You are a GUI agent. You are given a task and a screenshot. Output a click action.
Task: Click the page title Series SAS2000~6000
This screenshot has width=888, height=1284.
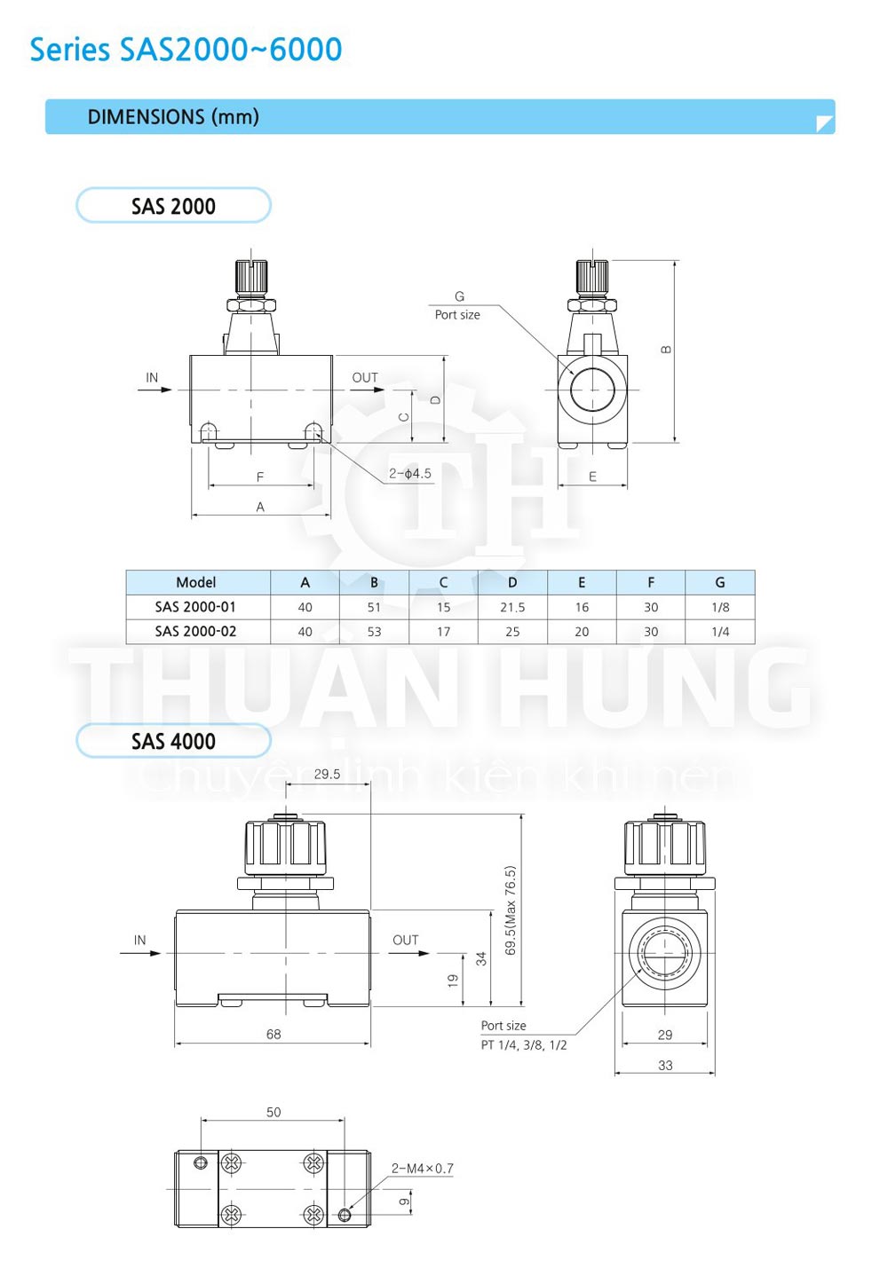186,50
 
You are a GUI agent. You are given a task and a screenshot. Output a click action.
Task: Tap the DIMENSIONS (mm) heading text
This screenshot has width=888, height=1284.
172,117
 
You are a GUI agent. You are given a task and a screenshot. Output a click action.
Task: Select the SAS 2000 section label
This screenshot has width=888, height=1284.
173,207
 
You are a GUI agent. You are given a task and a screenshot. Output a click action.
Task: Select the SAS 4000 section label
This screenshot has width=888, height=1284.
173,741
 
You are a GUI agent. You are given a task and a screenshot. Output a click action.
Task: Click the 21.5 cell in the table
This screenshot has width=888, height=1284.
512,607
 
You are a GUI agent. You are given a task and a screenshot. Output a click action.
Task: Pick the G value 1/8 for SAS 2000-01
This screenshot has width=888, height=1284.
720,607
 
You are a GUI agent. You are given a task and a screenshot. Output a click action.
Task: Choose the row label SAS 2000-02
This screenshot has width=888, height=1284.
195,631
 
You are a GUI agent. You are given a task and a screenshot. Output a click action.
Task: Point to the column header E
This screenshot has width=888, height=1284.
582,582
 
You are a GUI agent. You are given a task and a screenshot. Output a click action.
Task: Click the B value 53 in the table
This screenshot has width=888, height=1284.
374,632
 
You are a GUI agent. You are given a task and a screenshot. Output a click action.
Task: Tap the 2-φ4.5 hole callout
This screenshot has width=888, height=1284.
409,474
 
